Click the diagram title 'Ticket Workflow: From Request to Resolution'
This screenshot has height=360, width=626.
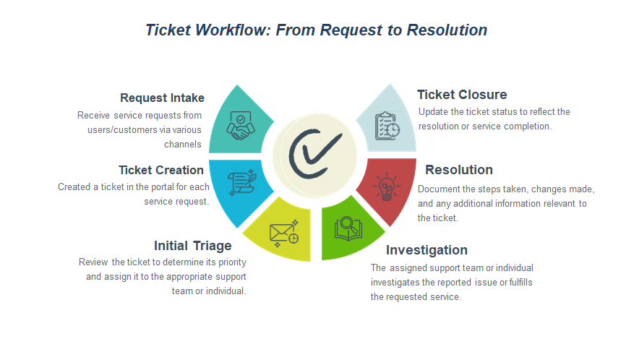click(316, 30)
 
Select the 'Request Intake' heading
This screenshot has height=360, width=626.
click(162, 98)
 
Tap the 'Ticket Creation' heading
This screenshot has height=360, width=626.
click(160, 170)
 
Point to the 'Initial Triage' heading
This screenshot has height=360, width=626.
click(192, 245)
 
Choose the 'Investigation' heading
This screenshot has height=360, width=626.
click(426, 250)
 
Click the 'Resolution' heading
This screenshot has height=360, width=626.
click(458, 170)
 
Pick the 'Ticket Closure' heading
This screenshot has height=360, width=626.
click(461, 95)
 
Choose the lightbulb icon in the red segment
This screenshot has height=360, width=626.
click(386, 187)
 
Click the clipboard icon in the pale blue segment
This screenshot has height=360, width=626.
click(386, 126)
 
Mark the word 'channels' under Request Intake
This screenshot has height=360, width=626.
click(184, 144)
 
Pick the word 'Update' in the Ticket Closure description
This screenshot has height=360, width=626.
click(432, 111)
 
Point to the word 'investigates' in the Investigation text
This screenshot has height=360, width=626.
click(394, 282)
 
